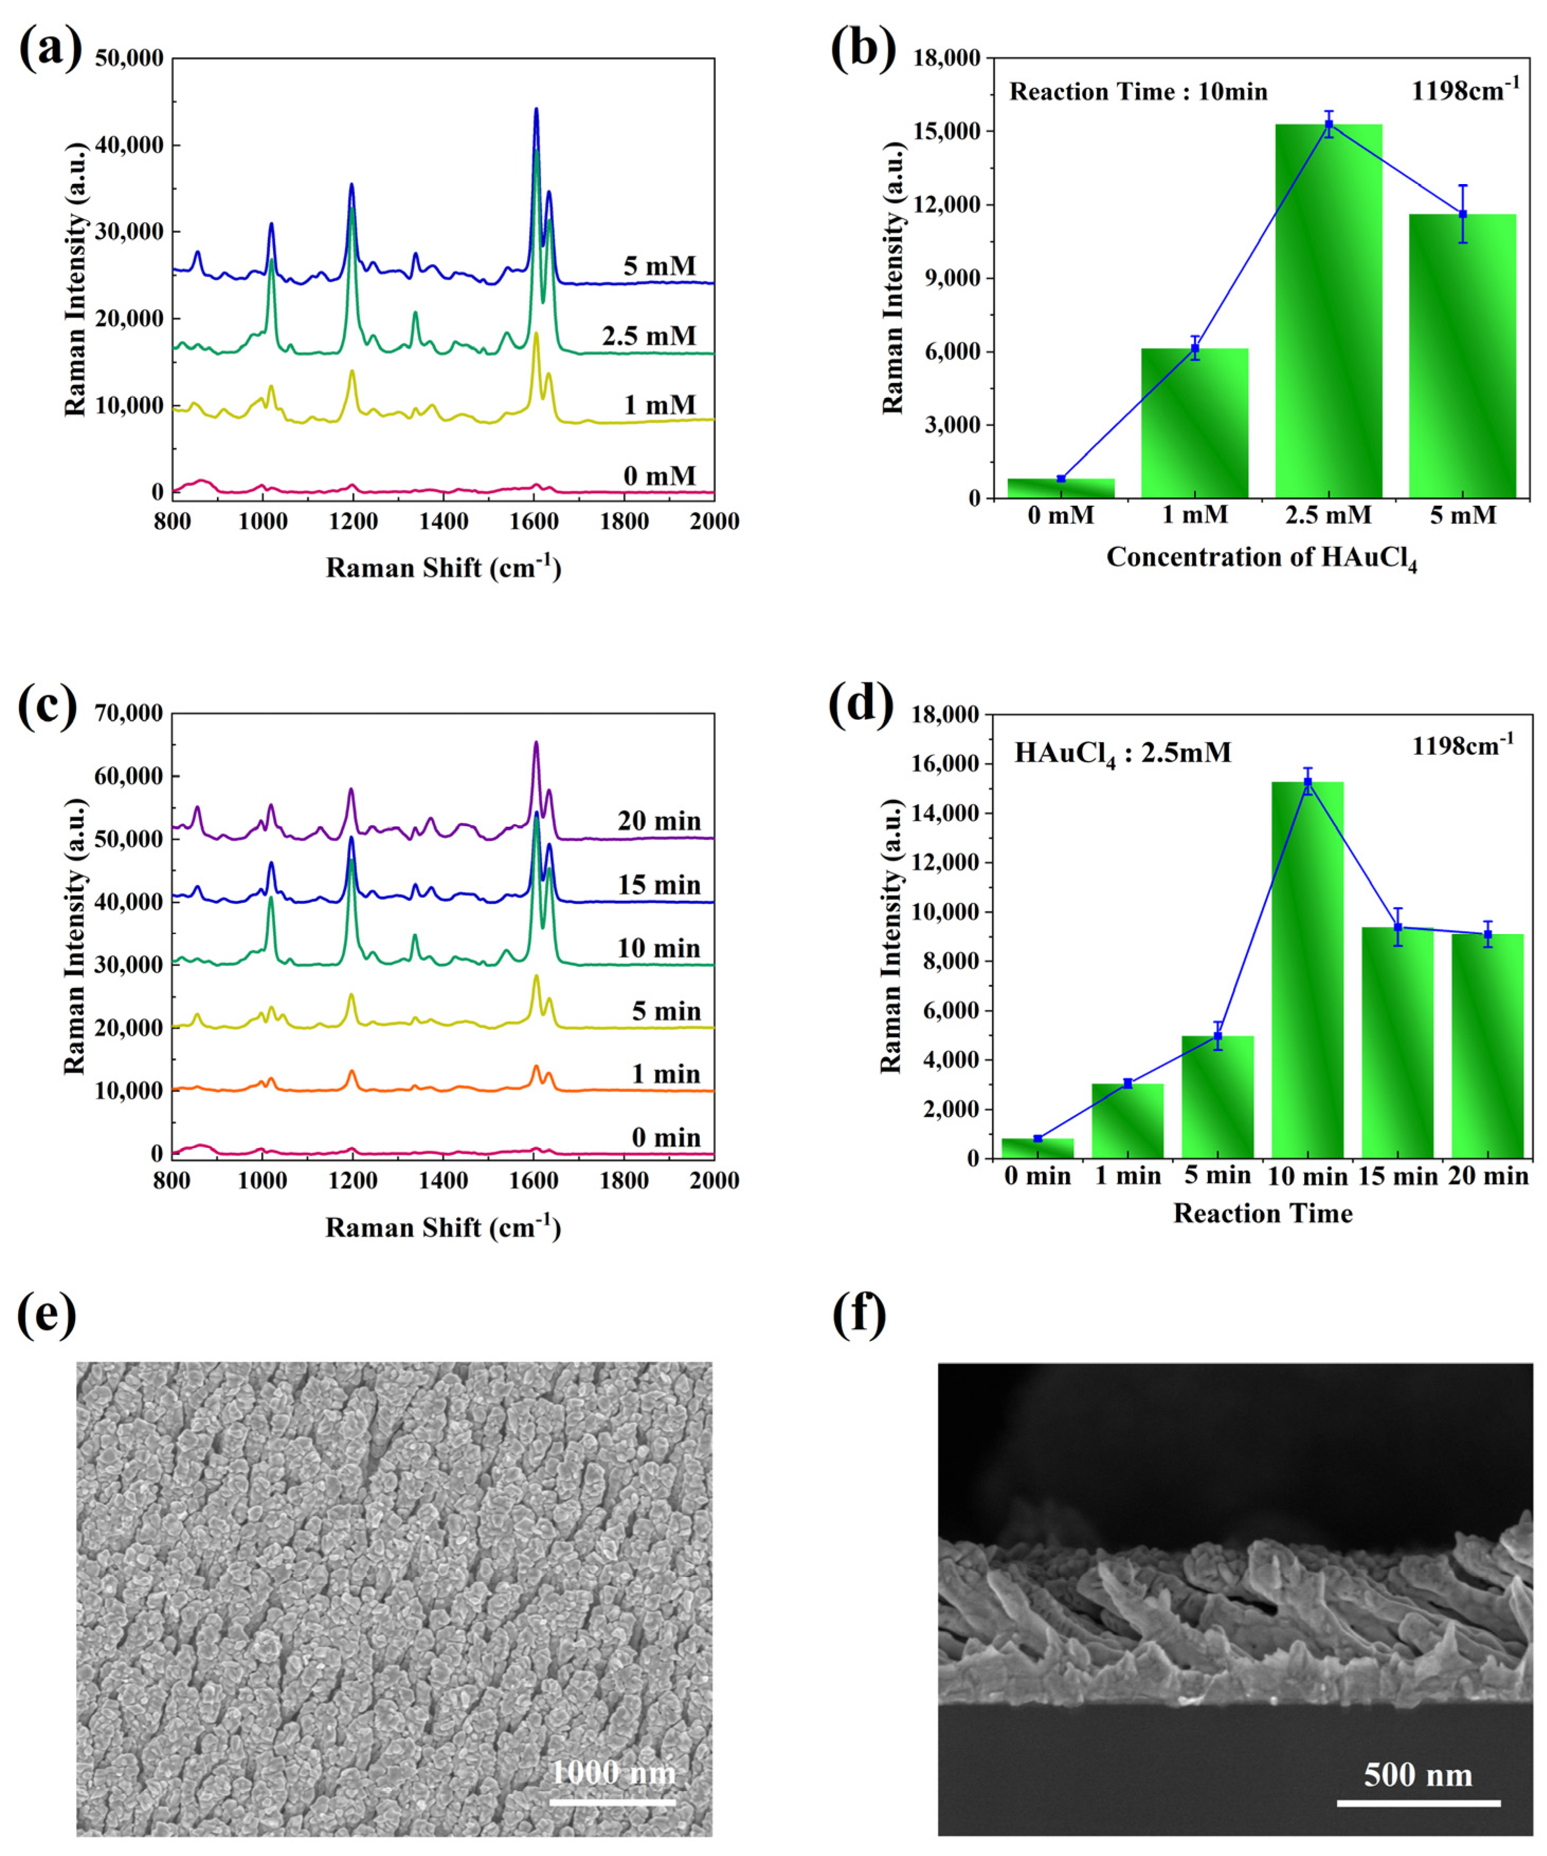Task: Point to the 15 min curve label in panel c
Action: coord(659,885)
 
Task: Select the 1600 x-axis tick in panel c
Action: coord(533,1181)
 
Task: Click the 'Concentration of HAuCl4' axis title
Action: coord(1261,559)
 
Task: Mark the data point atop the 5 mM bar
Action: coord(1463,214)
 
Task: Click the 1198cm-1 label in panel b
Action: coord(1465,89)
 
